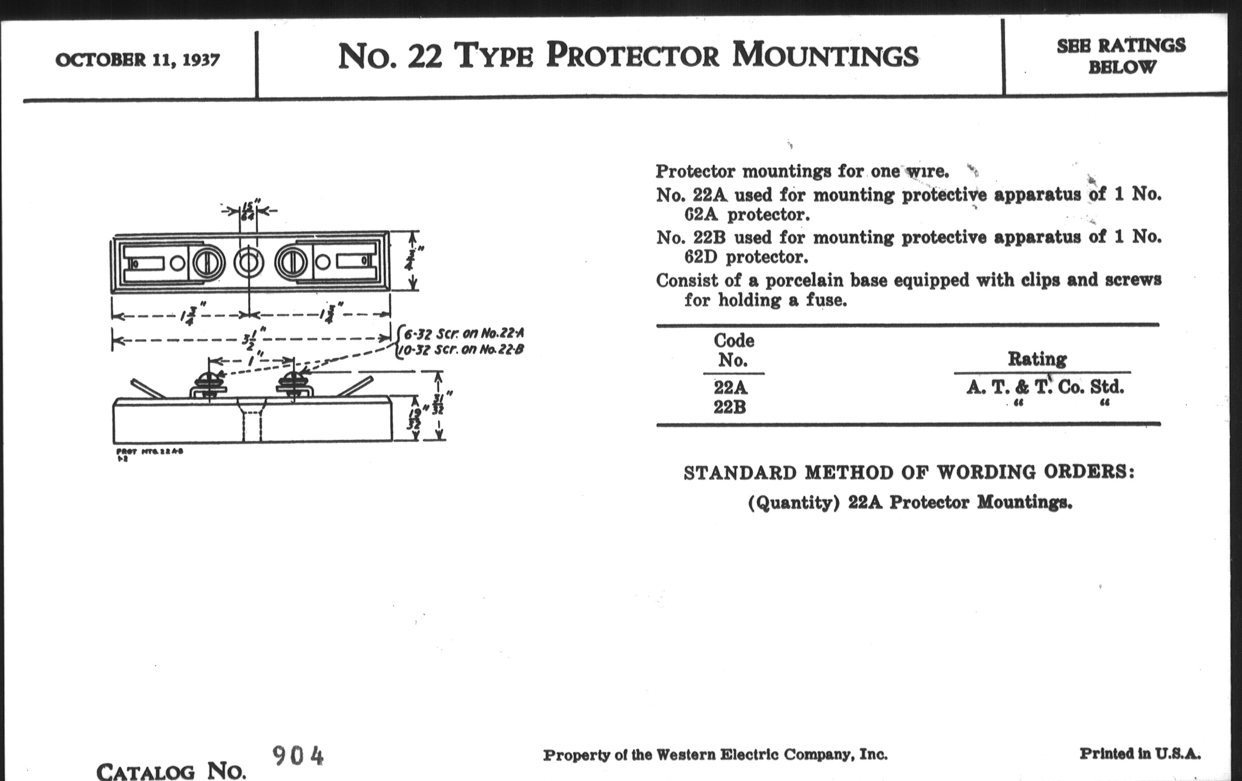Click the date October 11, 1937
pyautogui.click(x=137, y=60)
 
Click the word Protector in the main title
pyautogui.click(x=632, y=56)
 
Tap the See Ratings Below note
pyautogui.click(x=1121, y=56)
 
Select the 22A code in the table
pyautogui.click(x=730, y=387)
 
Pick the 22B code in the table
pyautogui.click(x=730, y=407)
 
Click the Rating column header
pyautogui.click(x=1037, y=359)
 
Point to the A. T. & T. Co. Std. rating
pyautogui.click(x=1044, y=387)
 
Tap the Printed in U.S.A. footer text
pyautogui.click(x=1140, y=753)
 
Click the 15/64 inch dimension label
pyautogui.click(x=248, y=210)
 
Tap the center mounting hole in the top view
pyautogui.click(x=249, y=262)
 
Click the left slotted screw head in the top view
pyautogui.click(x=208, y=263)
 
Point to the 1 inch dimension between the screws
pyautogui.click(x=251, y=360)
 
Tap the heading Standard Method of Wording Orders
pyautogui.click(x=909, y=473)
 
